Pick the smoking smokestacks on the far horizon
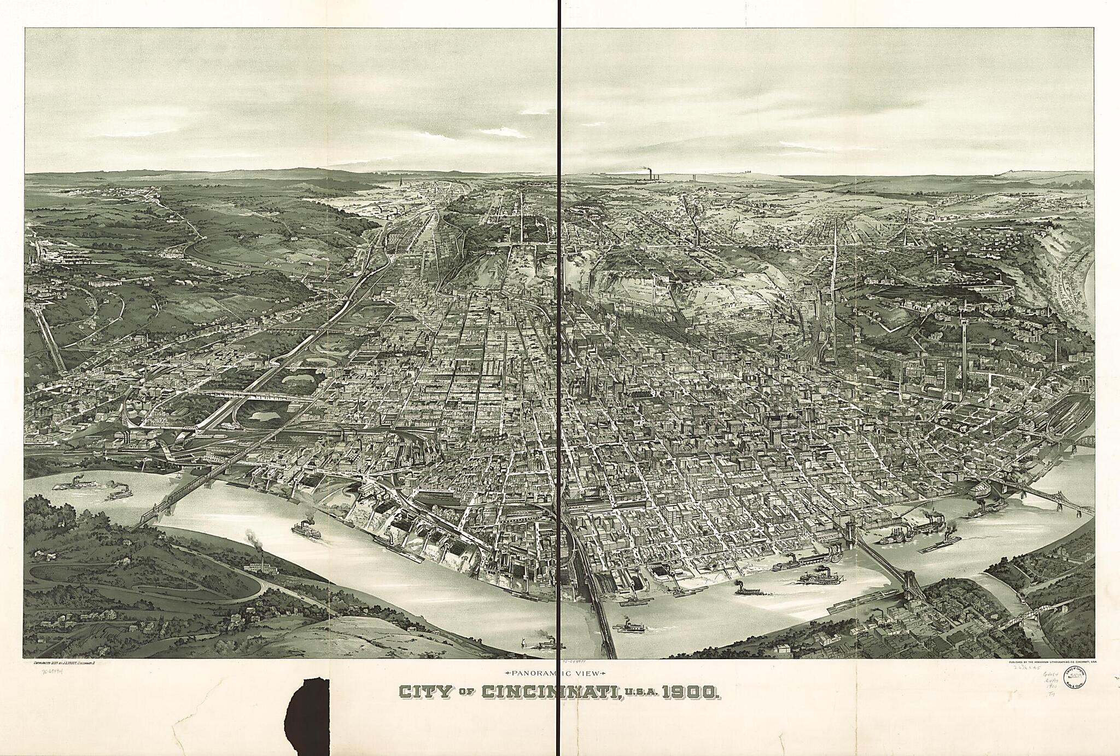(x=649, y=175)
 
